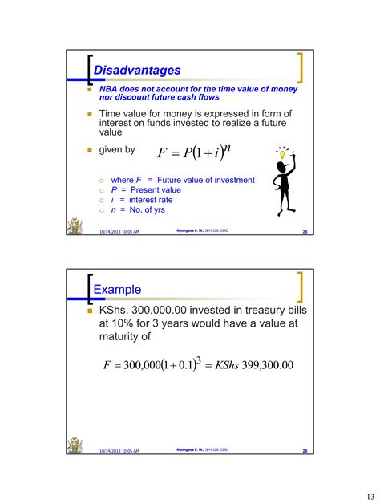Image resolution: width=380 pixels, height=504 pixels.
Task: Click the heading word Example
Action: (x=118, y=289)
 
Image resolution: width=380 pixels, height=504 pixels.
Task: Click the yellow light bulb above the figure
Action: (x=282, y=151)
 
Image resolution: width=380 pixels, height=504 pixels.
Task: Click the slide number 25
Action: (x=305, y=234)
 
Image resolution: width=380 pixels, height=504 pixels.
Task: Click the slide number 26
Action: (x=305, y=451)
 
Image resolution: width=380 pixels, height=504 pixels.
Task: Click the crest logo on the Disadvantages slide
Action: (x=76, y=226)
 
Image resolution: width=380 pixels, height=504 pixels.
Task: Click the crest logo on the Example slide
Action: (x=76, y=444)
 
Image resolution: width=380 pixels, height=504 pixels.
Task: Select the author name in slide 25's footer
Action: (x=192, y=233)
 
